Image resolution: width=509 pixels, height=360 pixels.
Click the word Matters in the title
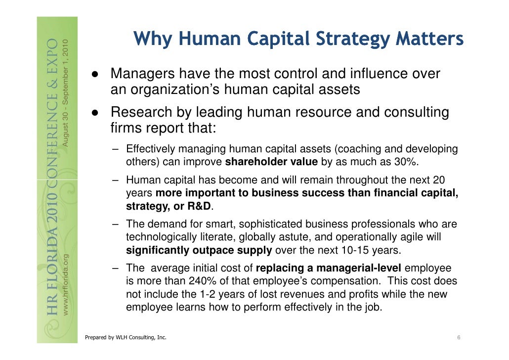(434, 39)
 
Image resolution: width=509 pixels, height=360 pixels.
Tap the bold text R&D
(199, 206)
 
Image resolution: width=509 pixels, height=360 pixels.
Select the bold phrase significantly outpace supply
(199, 250)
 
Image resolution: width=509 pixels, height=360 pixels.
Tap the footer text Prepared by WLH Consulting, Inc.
(126, 338)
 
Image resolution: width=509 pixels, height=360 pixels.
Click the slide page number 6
(459, 338)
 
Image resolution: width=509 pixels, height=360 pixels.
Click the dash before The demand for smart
(115, 225)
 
